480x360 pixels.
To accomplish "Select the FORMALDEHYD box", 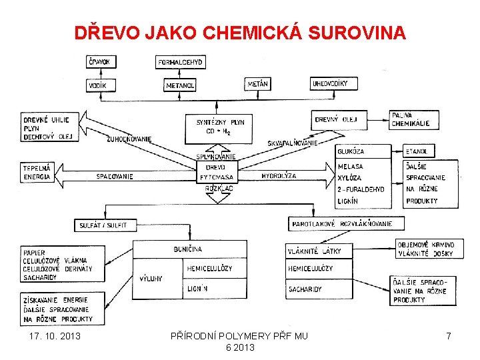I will pos(180,63).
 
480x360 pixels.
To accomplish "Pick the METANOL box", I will pos(181,85).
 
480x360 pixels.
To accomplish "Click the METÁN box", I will pos(258,84).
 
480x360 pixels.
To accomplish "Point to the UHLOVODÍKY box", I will pos(334,83).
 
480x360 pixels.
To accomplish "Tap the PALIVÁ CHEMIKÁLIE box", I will pos(411,119).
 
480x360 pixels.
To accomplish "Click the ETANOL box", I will pos(419,152).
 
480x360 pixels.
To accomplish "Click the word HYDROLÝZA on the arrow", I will pos(279,176).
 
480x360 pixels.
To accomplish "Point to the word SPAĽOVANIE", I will pos(115,177).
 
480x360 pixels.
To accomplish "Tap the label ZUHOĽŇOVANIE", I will pos(129,139).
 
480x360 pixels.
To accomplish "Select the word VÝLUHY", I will pos(151,279).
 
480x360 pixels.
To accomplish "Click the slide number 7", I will pos(449,336).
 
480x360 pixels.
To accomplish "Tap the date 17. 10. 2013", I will pos(55,336).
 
